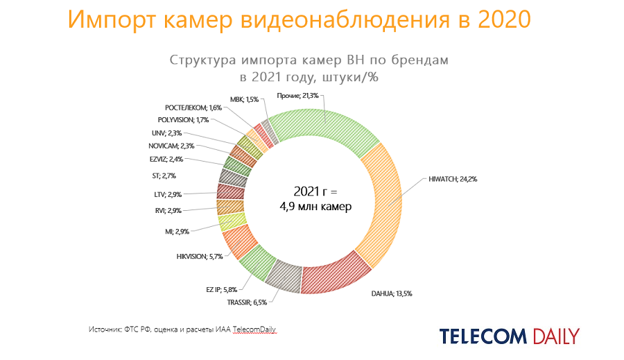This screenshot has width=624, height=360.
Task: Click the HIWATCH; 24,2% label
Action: coord(452,179)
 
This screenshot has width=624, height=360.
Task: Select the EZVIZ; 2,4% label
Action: coord(167,159)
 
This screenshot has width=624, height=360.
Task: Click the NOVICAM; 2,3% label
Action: coord(171,146)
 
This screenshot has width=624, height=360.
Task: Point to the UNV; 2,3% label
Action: coord(167,133)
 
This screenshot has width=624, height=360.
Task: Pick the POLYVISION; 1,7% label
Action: coord(182,120)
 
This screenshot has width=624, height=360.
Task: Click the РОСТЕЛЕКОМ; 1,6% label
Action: coord(193,108)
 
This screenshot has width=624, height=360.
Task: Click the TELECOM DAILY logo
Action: coord(509,336)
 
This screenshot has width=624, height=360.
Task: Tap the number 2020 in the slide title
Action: coord(504,20)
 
